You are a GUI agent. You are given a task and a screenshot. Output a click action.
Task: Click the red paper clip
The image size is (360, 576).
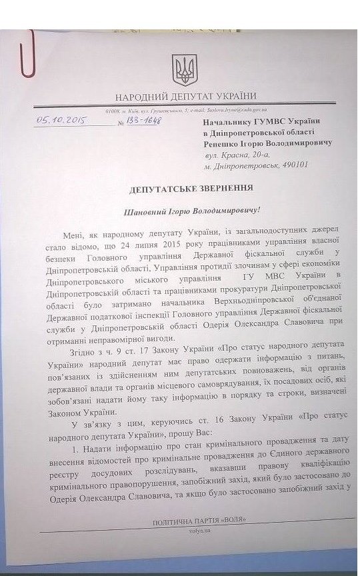[x=26, y=56]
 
